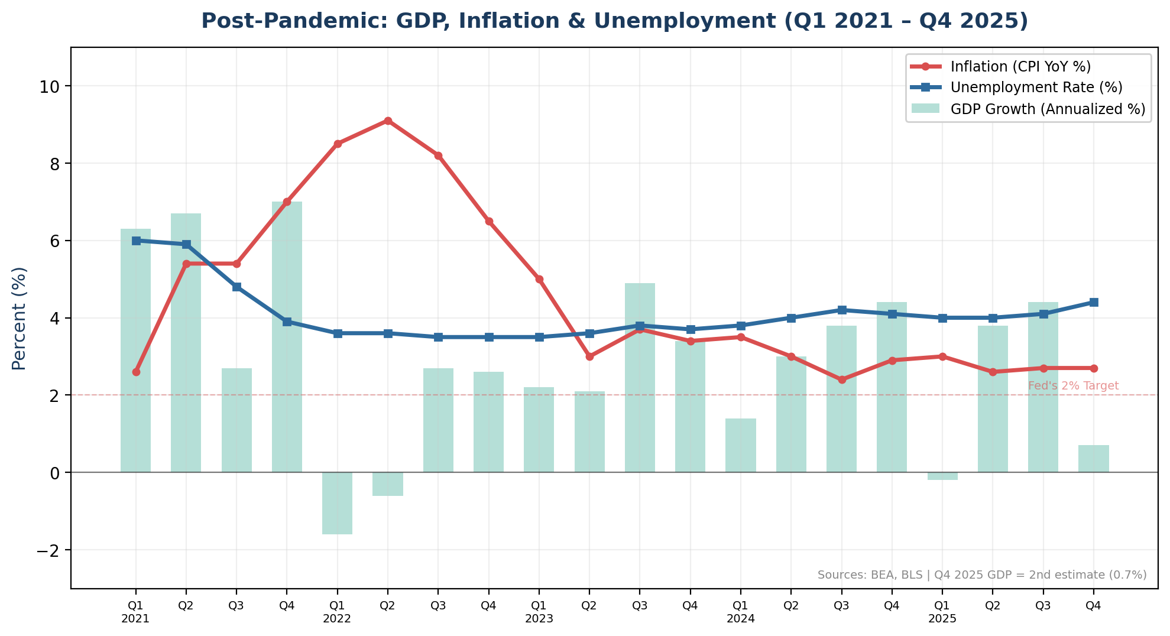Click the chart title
614,21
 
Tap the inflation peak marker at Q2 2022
388,121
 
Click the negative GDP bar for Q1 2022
337,503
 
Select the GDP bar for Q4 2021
287,337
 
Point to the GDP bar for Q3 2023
640,378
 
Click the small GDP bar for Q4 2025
1093,459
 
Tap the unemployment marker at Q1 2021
136,241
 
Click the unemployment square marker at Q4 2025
1094,302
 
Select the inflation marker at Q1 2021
136,372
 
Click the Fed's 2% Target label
1073,386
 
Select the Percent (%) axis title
19,319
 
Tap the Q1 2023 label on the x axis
539,612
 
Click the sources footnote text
981,575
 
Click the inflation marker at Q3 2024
842,379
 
